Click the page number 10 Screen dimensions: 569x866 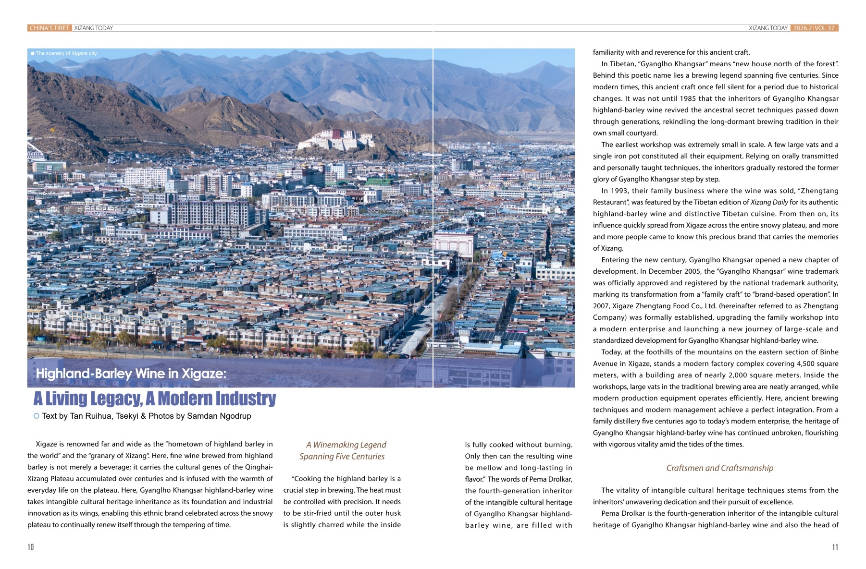point(31,547)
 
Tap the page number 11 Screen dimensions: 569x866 point(835,547)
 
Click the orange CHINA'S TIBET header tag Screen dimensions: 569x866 point(49,28)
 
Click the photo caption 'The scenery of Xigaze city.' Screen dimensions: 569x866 point(66,53)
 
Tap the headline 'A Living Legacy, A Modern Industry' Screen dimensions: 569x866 point(154,398)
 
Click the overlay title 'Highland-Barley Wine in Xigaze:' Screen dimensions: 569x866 point(131,374)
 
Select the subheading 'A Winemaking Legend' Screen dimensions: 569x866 point(346,445)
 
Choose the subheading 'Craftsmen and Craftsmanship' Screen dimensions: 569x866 point(719,468)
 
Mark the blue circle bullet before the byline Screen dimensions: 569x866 point(37,416)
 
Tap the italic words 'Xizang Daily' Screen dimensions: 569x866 point(769,202)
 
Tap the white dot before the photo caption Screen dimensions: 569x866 point(33,53)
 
